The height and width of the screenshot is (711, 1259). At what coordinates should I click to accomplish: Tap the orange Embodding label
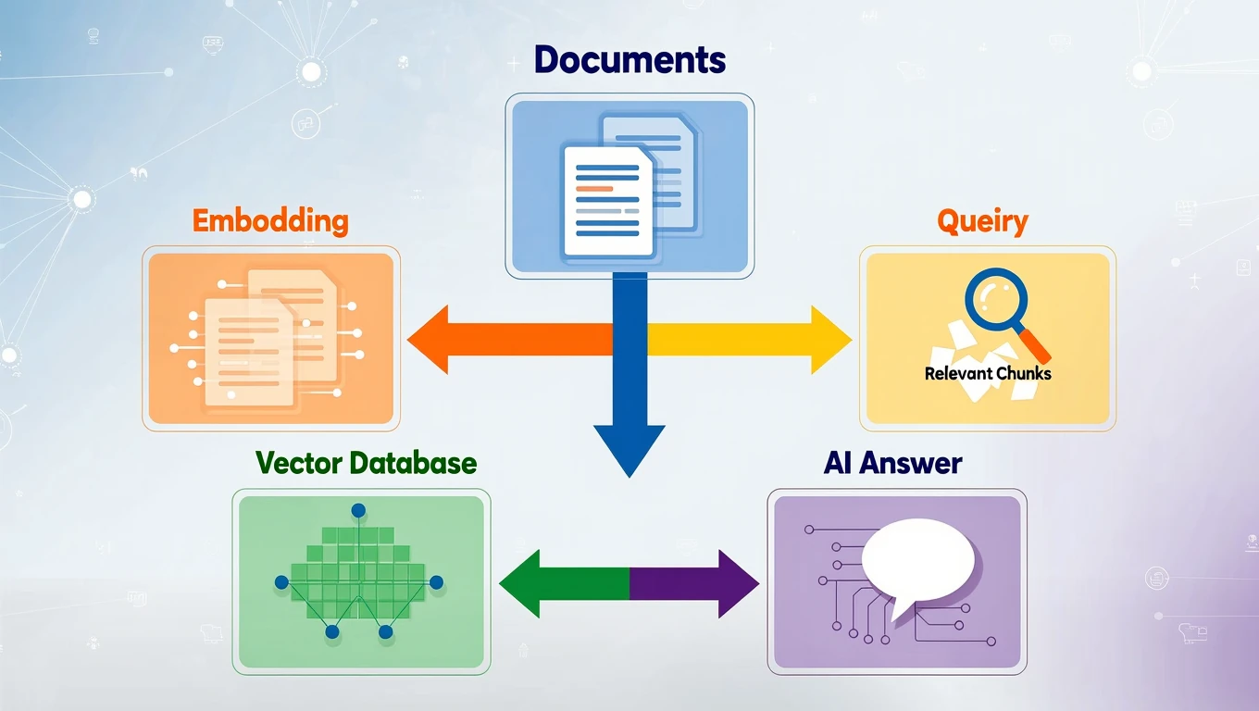[x=270, y=221]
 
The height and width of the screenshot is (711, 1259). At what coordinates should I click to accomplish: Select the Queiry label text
[x=982, y=221]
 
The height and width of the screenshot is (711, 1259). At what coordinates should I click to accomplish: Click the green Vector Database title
[x=366, y=463]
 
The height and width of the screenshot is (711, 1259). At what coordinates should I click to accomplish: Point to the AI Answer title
[x=892, y=463]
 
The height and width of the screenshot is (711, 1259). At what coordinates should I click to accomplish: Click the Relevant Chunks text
[x=988, y=374]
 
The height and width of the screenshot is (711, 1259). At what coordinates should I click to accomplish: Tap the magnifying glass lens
[x=994, y=299]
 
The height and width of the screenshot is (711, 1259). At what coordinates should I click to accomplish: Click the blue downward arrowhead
[x=629, y=447]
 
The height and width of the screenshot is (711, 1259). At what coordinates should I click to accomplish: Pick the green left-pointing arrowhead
[x=519, y=583]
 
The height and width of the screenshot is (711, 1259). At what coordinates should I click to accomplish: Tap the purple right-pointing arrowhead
[x=738, y=583]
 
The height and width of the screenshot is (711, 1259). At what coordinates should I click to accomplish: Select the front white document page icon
[x=607, y=202]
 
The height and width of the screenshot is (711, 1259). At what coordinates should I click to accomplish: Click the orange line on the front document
[x=594, y=188]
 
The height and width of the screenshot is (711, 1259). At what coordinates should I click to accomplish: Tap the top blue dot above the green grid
[x=358, y=510]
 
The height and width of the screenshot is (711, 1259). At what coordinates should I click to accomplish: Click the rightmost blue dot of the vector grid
[x=437, y=582]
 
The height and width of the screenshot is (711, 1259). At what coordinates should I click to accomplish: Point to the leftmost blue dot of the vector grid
[x=280, y=582]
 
